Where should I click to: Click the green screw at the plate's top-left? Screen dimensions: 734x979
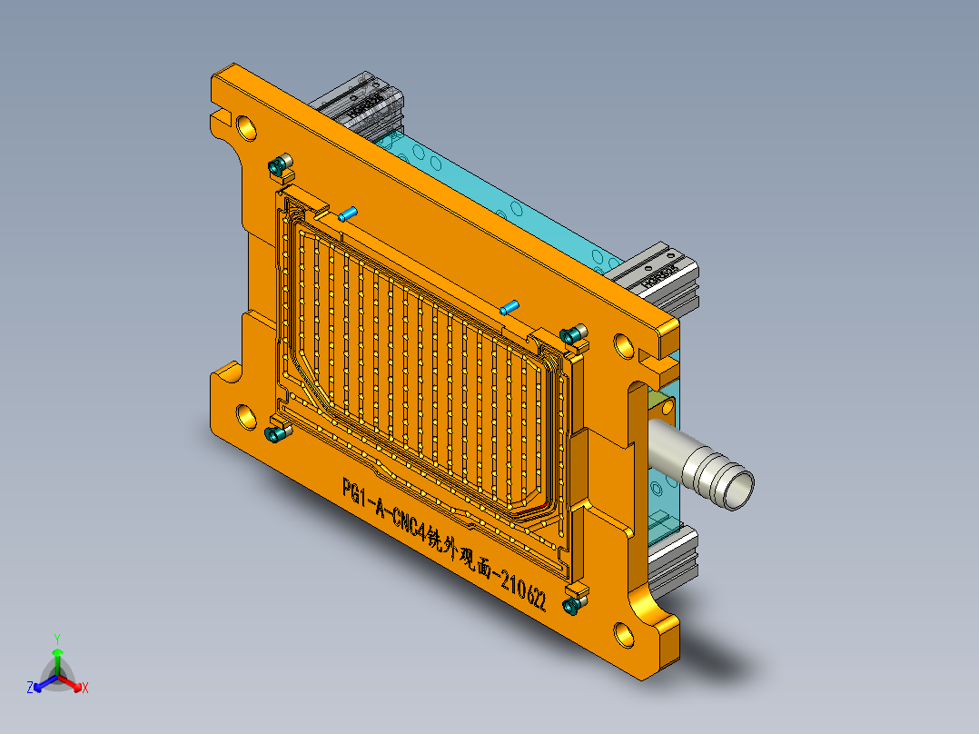tap(277, 166)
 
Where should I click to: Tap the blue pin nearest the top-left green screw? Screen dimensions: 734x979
tap(347, 214)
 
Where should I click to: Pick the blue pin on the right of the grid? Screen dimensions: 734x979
tap(509, 308)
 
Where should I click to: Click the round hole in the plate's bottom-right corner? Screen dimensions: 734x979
tap(624, 634)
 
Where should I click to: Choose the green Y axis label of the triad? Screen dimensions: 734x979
tap(56, 639)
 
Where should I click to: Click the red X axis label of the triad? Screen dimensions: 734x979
tap(85, 688)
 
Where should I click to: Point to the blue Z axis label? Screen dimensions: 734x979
tap(30, 688)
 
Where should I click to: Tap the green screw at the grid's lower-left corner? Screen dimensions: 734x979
tap(275, 434)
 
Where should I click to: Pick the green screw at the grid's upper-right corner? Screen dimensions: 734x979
tap(572, 335)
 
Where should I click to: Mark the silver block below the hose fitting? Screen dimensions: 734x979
tap(677, 554)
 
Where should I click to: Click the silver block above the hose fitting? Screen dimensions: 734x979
tap(663, 277)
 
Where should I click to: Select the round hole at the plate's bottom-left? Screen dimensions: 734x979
tap(247, 416)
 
